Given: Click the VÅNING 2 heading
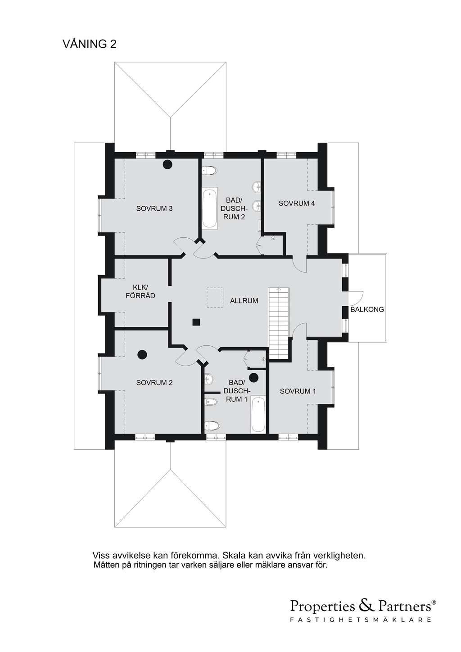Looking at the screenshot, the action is (90, 44).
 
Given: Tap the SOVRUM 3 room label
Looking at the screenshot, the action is (154, 208).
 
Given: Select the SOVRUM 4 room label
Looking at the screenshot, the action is (297, 203).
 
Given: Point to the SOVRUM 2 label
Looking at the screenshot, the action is (154, 382).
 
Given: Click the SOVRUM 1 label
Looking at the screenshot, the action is (298, 391).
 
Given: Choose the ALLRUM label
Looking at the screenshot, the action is (244, 301).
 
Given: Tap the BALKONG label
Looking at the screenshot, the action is (367, 309).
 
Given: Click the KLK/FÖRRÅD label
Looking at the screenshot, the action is (140, 292).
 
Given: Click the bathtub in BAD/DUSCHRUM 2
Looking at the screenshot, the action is (209, 208).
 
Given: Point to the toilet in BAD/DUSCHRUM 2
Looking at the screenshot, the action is (209, 171).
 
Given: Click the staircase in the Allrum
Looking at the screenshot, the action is (279, 323).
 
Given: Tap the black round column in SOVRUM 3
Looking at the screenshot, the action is (167, 165).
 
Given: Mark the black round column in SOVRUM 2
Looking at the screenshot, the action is (142, 354).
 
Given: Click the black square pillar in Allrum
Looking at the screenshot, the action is (196, 322).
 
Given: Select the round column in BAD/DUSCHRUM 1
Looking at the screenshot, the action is (254, 377).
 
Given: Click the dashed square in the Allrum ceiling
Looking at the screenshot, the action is (215, 298).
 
